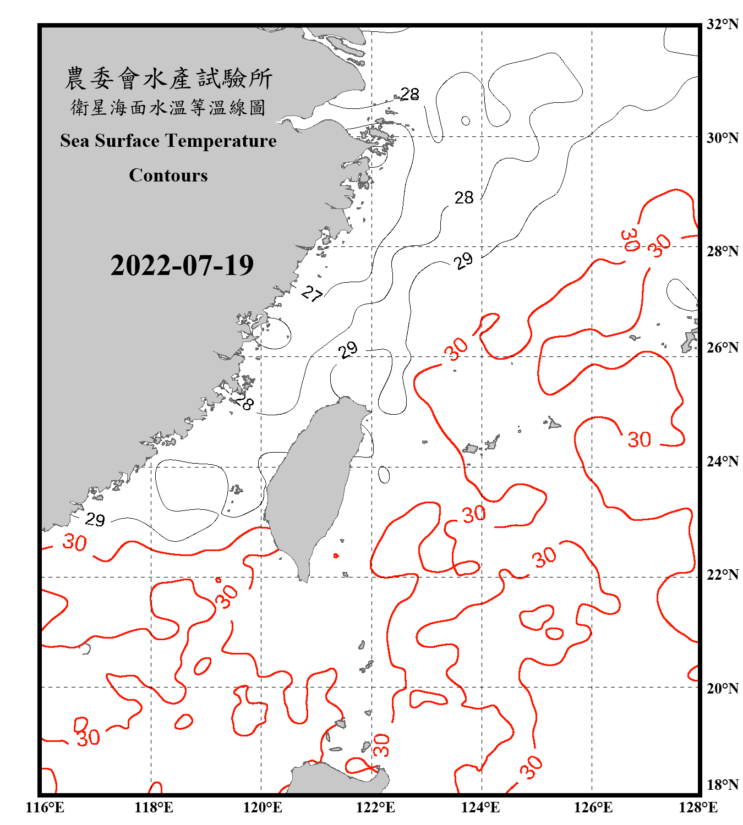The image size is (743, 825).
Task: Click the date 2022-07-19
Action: click(182, 266)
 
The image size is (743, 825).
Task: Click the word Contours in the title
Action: click(168, 175)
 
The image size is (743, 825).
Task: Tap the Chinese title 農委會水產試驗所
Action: click(168, 79)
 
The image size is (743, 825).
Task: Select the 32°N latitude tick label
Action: click(723, 24)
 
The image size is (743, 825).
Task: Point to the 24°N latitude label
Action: click(723, 461)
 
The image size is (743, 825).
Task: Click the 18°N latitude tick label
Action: click(723, 785)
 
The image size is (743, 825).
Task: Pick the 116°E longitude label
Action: click(45, 807)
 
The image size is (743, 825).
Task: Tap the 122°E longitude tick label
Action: click(375, 807)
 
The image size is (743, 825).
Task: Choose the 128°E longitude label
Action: click(698, 807)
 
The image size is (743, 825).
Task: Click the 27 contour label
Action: click(312, 294)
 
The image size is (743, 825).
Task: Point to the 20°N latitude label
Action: click(723, 688)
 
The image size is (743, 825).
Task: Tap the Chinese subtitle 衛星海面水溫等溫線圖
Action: click(168, 107)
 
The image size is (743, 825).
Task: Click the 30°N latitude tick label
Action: click(723, 137)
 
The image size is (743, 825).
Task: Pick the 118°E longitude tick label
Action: click(154, 807)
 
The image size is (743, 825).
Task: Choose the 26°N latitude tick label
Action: click(723, 348)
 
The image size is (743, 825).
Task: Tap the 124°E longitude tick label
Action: click(480, 807)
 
